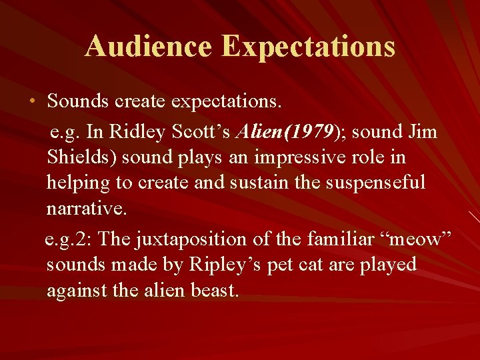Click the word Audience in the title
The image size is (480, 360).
pyautogui.click(x=148, y=47)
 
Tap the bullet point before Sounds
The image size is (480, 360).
pyautogui.click(x=33, y=102)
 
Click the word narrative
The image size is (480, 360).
pyautogui.click(x=86, y=209)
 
